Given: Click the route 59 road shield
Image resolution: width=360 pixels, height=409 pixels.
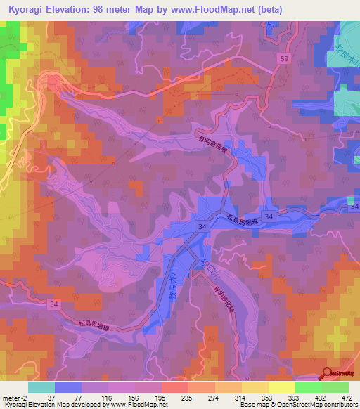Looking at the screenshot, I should pyautogui.click(x=283, y=58).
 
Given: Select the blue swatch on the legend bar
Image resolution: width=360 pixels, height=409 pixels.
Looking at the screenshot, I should pyautogui.click(x=68, y=387).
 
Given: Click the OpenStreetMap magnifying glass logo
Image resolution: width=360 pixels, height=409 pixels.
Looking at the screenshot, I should pyautogui.click(x=328, y=374).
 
